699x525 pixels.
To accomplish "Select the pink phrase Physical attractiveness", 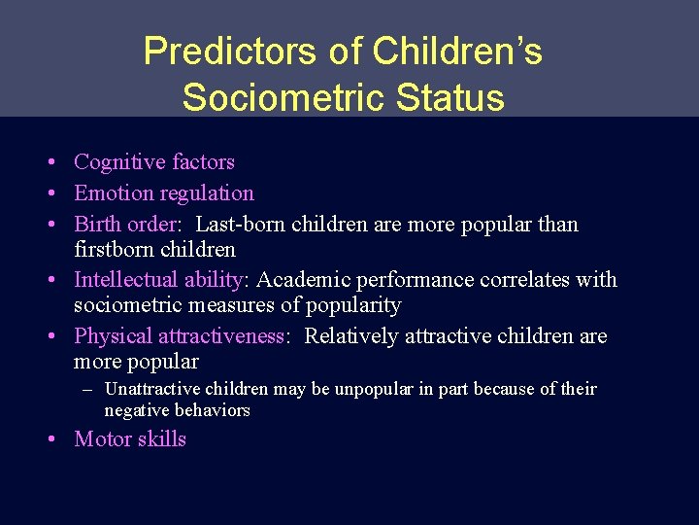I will coord(180,336).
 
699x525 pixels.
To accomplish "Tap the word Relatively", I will coord(351,336).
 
